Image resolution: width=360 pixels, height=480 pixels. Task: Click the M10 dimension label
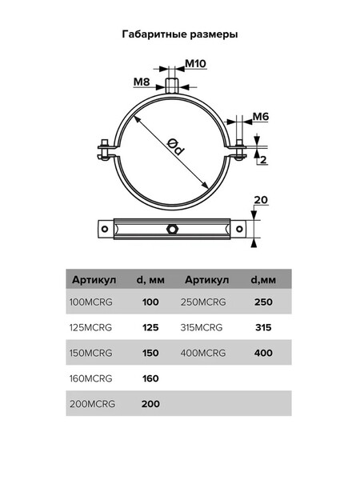[x=196, y=64]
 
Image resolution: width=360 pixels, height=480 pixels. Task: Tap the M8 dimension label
[x=142, y=82]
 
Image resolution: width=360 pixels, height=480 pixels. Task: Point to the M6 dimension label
[x=261, y=116]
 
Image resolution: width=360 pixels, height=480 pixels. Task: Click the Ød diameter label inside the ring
[x=176, y=146]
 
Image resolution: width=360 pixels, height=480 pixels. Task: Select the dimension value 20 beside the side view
[x=261, y=200]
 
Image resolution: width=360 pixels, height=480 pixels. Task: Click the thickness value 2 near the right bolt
[x=263, y=159]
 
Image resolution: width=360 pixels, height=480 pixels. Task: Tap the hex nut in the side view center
[x=171, y=228]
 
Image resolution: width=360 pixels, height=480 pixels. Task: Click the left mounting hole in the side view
[x=105, y=229]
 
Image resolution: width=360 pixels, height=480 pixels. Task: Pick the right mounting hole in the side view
[x=239, y=229]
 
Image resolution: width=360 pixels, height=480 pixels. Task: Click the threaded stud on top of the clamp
[x=171, y=86]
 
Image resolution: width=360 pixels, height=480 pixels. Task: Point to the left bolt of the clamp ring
[x=105, y=150]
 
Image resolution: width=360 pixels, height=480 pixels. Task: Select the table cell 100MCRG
[x=90, y=302]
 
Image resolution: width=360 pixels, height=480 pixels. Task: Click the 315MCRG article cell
[x=202, y=327]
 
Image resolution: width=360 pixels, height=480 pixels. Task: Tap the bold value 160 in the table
[x=150, y=378]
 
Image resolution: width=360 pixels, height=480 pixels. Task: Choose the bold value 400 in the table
[x=263, y=353]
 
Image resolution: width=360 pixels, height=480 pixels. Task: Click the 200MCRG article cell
[x=92, y=404]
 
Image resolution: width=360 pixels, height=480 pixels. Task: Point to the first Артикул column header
[x=94, y=279]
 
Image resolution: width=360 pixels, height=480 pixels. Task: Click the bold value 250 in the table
[x=263, y=302]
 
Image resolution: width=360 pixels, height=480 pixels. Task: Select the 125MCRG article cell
[x=90, y=327]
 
